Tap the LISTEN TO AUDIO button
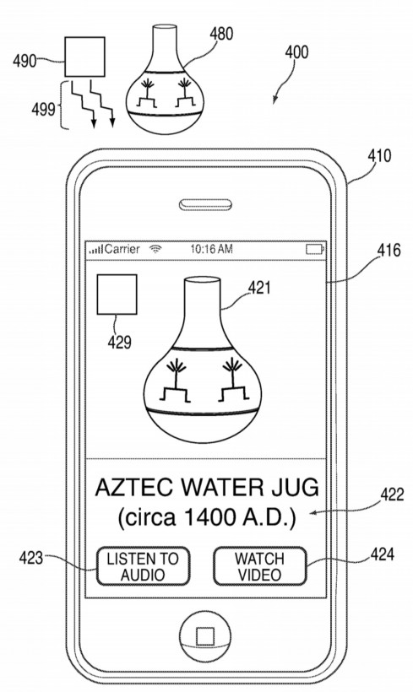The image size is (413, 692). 142,566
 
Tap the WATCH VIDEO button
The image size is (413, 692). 259,566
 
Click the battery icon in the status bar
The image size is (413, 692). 314,250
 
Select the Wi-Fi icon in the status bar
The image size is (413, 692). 155,250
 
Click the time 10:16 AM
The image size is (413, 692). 211,250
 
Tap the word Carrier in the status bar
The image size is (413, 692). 122,250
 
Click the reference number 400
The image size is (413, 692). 296,52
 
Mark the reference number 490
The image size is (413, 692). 25,60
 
